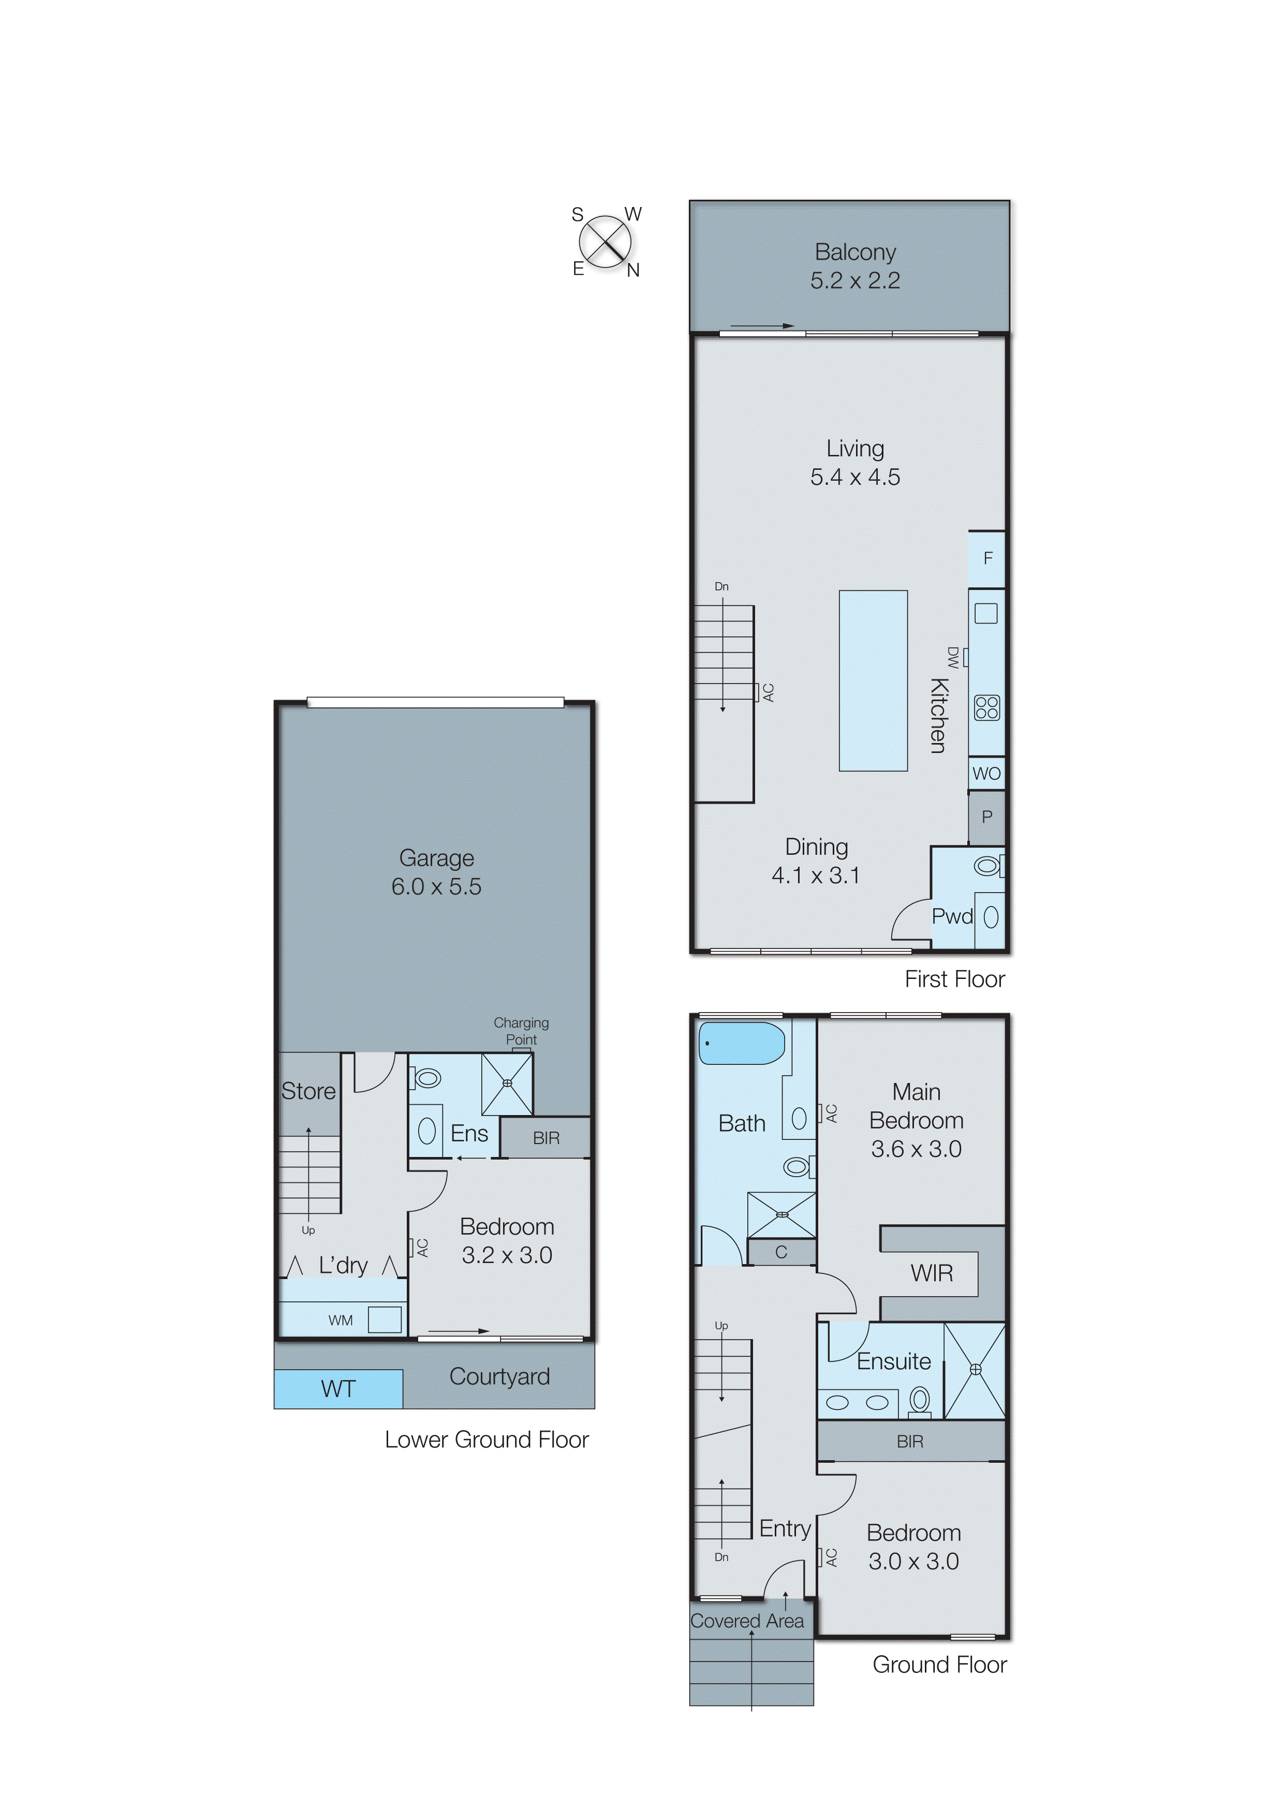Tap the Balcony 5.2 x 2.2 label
(x=855, y=266)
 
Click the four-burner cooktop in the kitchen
(x=987, y=708)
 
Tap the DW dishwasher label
(x=953, y=657)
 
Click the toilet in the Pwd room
(x=987, y=866)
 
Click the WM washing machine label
(x=341, y=1320)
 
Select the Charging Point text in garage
(x=521, y=1031)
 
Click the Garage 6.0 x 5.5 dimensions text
(x=436, y=886)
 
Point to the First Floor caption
(x=954, y=979)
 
